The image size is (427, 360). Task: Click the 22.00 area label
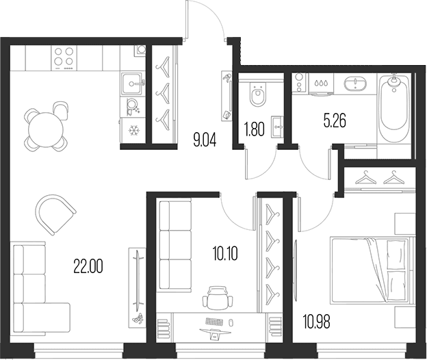pyautogui.click(x=88, y=266)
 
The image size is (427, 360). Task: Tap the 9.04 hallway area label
pyautogui.click(x=205, y=140)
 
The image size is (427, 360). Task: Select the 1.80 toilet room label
pyautogui.click(x=255, y=129)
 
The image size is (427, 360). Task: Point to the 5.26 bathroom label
pyautogui.click(x=335, y=121)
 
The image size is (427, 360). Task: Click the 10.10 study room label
pyautogui.click(x=224, y=254)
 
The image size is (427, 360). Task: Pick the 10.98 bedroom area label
pyautogui.click(x=316, y=322)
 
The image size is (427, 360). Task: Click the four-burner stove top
pyautogui.click(x=64, y=57)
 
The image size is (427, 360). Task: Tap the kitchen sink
pyautogui.click(x=132, y=83)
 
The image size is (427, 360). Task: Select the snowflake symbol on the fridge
pyautogui.click(x=133, y=131)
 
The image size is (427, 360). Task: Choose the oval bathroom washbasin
pyautogui.click(x=355, y=83)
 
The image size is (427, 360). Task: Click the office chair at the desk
pyautogui.click(x=218, y=298)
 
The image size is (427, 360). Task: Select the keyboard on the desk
pyautogui.click(x=215, y=322)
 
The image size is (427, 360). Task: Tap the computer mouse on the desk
pyautogui.click(x=231, y=322)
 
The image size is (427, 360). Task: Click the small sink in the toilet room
pyautogui.click(x=277, y=127)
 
